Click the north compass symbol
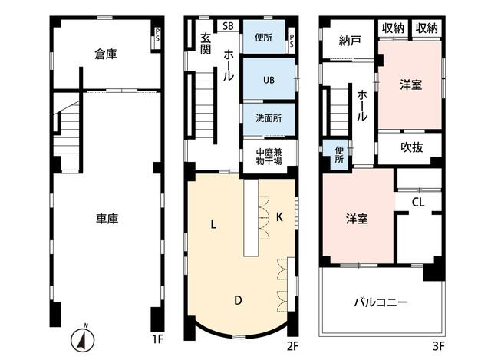click(x=82, y=339)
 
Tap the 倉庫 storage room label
click(x=106, y=54)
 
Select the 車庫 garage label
click(x=107, y=219)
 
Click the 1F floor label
click(x=158, y=339)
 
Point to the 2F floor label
click(x=293, y=346)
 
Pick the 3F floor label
click(x=439, y=346)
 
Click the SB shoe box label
click(x=229, y=26)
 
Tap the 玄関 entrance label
click(x=206, y=44)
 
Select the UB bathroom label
click(x=269, y=80)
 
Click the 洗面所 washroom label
click(x=269, y=118)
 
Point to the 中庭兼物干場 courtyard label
click(x=269, y=157)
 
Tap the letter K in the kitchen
click(x=279, y=216)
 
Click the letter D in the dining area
click(x=238, y=300)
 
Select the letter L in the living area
click(x=213, y=224)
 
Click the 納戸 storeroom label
click(x=350, y=41)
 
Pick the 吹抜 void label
click(x=412, y=147)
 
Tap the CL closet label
click(x=418, y=203)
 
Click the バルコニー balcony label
click(x=381, y=302)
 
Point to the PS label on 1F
click(x=157, y=35)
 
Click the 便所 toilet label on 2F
click(x=263, y=38)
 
